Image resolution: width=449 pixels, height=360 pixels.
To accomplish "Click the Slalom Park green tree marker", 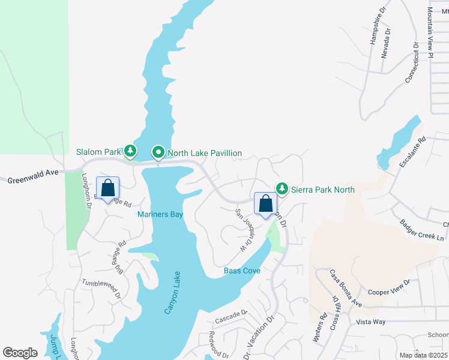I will click(x=130, y=150).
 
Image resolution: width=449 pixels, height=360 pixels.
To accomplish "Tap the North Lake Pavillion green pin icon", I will click(x=158, y=153).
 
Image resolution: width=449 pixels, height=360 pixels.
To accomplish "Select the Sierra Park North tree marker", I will click(x=282, y=188).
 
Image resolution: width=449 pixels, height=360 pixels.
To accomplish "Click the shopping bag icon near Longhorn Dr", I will click(x=107, y=188).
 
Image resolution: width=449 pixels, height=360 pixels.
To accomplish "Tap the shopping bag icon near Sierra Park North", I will click(x=265, y=204).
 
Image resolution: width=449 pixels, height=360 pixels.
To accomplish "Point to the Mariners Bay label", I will click(x=160, y=214).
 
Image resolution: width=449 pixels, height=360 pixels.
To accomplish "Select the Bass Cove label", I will click(x=242, y=271).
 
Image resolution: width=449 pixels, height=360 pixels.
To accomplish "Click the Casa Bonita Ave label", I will click(x=345, y=289).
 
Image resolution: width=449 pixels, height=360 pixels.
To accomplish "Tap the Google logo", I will click(x=20, y=352).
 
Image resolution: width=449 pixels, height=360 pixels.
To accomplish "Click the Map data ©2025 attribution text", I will click(x=423, y=355).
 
